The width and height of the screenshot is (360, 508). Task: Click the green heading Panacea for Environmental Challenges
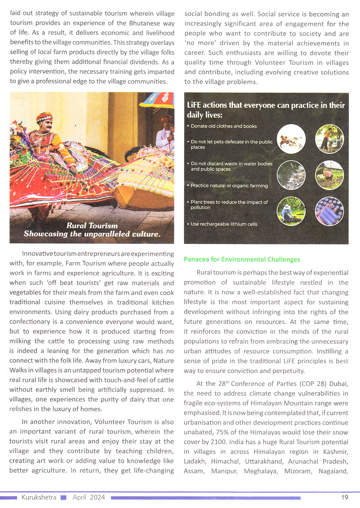click(x=242, y=260)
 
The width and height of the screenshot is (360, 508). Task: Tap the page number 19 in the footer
click(x=345, y=497)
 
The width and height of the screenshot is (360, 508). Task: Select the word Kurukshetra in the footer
click(x=39, y=497)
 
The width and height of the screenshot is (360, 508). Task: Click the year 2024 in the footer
click(x=97, y=497)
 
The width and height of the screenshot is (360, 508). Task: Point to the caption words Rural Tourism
click(x=92, y=226)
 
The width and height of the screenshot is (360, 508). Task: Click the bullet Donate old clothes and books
click(x=224, y=126)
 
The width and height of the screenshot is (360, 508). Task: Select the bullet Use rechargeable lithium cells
click(x=224, y=224)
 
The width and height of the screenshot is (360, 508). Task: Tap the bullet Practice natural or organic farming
click(x=229, y=186)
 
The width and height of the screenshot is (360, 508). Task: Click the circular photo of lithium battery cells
click(x=329, y=211)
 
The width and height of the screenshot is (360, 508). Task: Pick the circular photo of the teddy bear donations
click(x=291, y=139)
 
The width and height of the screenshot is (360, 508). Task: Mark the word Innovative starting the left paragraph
click(x=37, y=254)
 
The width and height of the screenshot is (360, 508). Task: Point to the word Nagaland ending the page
click(x=333, y=471)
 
